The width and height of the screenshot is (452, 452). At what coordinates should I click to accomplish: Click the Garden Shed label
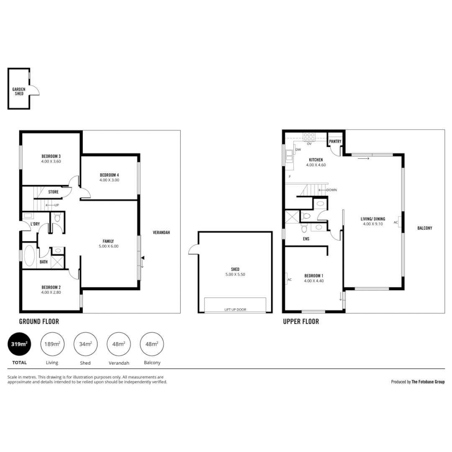[x=18, y=91]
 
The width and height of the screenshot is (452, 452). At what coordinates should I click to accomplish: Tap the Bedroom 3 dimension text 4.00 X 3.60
[x=51, y=161]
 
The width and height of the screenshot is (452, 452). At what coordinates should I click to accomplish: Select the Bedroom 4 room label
[x=109, y=175]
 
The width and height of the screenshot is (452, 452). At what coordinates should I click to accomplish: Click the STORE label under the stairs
[x=53, y=193]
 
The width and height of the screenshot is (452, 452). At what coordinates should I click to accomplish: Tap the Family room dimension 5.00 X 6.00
[x=108, y=247]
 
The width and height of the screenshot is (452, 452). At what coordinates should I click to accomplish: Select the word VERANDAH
[x=161, y=232]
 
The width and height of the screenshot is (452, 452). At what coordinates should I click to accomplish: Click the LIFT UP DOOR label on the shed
[x=235, y=310]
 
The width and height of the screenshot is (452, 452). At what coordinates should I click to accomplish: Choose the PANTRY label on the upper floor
[x=335, y=141]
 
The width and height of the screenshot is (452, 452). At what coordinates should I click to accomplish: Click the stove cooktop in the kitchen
[x=309, y=136]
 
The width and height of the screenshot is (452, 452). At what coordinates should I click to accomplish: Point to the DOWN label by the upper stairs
[x=331, y=190]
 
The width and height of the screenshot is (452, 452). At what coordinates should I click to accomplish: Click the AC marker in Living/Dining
[x=396, y=223]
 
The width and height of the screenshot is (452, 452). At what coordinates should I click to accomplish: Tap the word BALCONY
[x=424, y=228]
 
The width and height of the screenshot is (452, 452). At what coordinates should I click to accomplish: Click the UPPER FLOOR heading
[x=300, y=322]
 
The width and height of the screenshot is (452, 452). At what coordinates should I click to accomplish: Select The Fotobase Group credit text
[x=428, y=382]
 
